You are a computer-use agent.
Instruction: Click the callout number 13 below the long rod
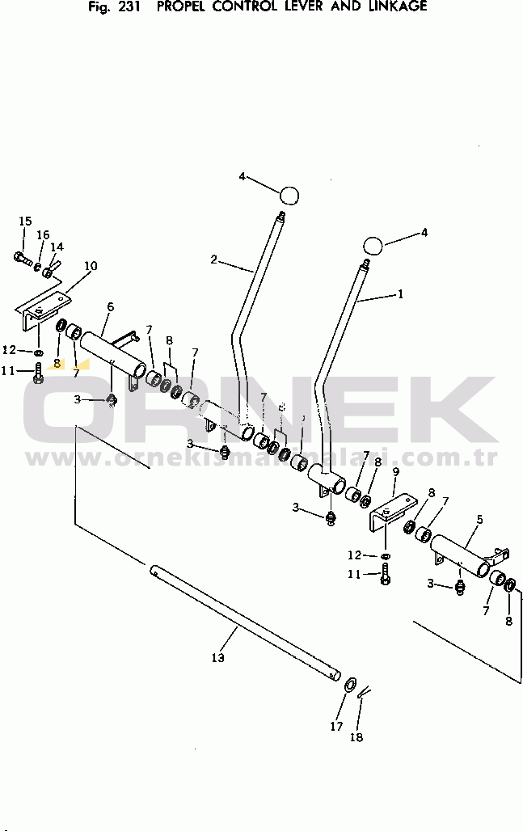pyautogui.click(x=217, y=657)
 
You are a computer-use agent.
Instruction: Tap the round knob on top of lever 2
pyautogui.click(x=289, y=195)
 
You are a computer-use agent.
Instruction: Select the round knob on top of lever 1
pyautogui.click(x=373, y=246)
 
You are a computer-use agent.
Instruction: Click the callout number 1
pyautogui.click(x=399, y=294)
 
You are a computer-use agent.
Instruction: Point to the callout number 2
pyautogui.click(x=214, y=259)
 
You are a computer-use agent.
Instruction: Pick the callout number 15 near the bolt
pyautogui.click(x=25, y=221)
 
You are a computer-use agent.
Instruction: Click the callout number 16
pyautogui.click(x=43, y=234)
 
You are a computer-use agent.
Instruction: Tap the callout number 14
pyautogui.click(x=57, y=247)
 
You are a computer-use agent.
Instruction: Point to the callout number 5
pyautogui.click(x=479, y=519)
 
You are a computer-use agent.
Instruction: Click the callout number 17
pyautogui.click(x=336, y=726)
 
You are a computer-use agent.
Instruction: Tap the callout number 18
pyautogui.click(x=357, y=736)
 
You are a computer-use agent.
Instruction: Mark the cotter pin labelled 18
pyautogui.click(x=364, y=692)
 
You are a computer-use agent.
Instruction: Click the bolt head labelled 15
pyautogui.click(x=20, y=258)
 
